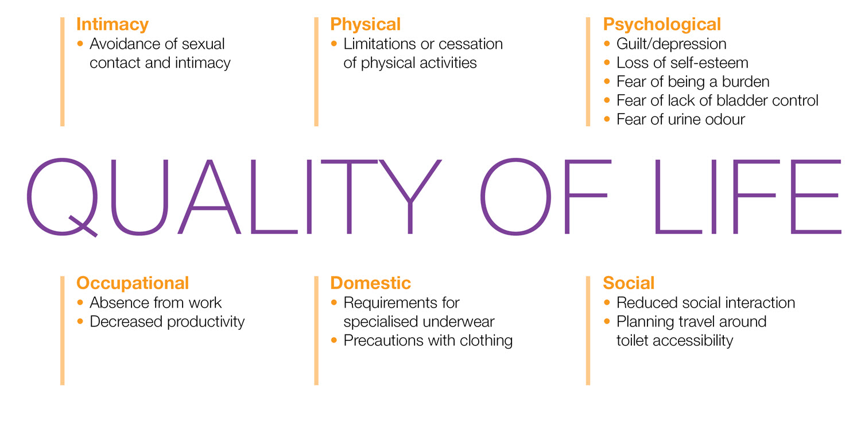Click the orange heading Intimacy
[113, 24]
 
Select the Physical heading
[365, 24]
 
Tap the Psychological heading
[662, 24]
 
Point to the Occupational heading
[133, 283]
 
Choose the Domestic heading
[371, 283]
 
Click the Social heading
[629, 283]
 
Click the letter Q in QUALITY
[62, 197]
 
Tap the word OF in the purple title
[545, 196]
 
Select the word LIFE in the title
[748, 197]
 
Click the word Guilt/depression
[671, 44]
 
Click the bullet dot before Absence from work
[80, 302]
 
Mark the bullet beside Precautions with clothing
[333, 340]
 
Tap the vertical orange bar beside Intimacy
[62, 72]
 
